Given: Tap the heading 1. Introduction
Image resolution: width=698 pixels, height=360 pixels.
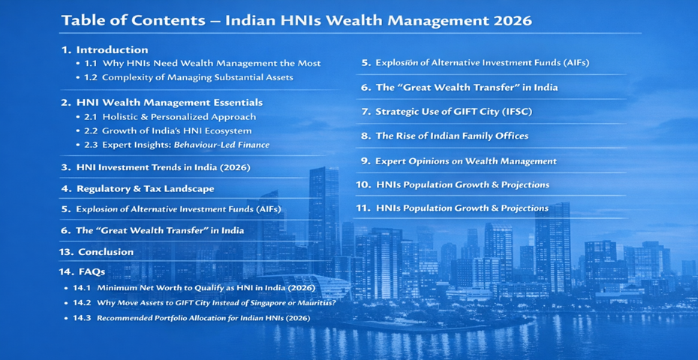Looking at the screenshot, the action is point(104,49).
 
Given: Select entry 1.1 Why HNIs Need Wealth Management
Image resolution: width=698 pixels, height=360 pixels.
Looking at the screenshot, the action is point(202,63).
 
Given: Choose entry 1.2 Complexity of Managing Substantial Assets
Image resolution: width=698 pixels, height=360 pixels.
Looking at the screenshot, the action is point(188,77).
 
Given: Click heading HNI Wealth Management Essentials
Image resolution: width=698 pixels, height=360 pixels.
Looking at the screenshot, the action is point(169,103).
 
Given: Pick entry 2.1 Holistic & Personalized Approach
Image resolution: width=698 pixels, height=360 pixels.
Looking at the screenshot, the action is point(170,117).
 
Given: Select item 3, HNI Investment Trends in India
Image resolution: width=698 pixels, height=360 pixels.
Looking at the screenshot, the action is point(156,168).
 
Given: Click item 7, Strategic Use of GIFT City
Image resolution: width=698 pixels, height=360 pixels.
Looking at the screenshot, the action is point(447,112).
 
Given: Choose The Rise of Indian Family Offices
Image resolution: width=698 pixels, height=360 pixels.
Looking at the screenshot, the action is point(445,136).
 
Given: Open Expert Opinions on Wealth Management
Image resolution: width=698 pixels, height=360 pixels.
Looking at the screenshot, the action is point(459,161).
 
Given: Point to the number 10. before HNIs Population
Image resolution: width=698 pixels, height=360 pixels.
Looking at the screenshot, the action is point(364,184).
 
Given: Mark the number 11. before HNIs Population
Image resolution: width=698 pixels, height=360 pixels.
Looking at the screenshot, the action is point(364,208).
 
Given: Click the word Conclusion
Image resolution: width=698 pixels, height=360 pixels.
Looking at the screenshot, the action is point(106,252).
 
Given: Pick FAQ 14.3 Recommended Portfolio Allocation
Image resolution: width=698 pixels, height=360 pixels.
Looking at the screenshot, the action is point(191,318).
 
